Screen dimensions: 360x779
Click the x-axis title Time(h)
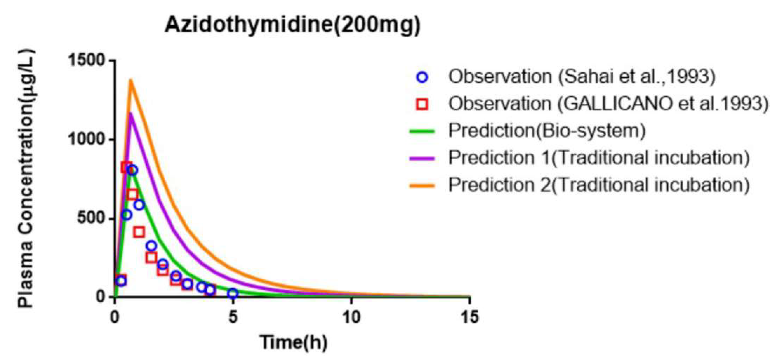[x=293, y=342]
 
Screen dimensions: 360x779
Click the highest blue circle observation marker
[x=132, y=170]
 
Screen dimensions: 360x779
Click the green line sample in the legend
[x=422, y=131]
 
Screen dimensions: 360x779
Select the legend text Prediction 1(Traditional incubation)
[x=599, y=158]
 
